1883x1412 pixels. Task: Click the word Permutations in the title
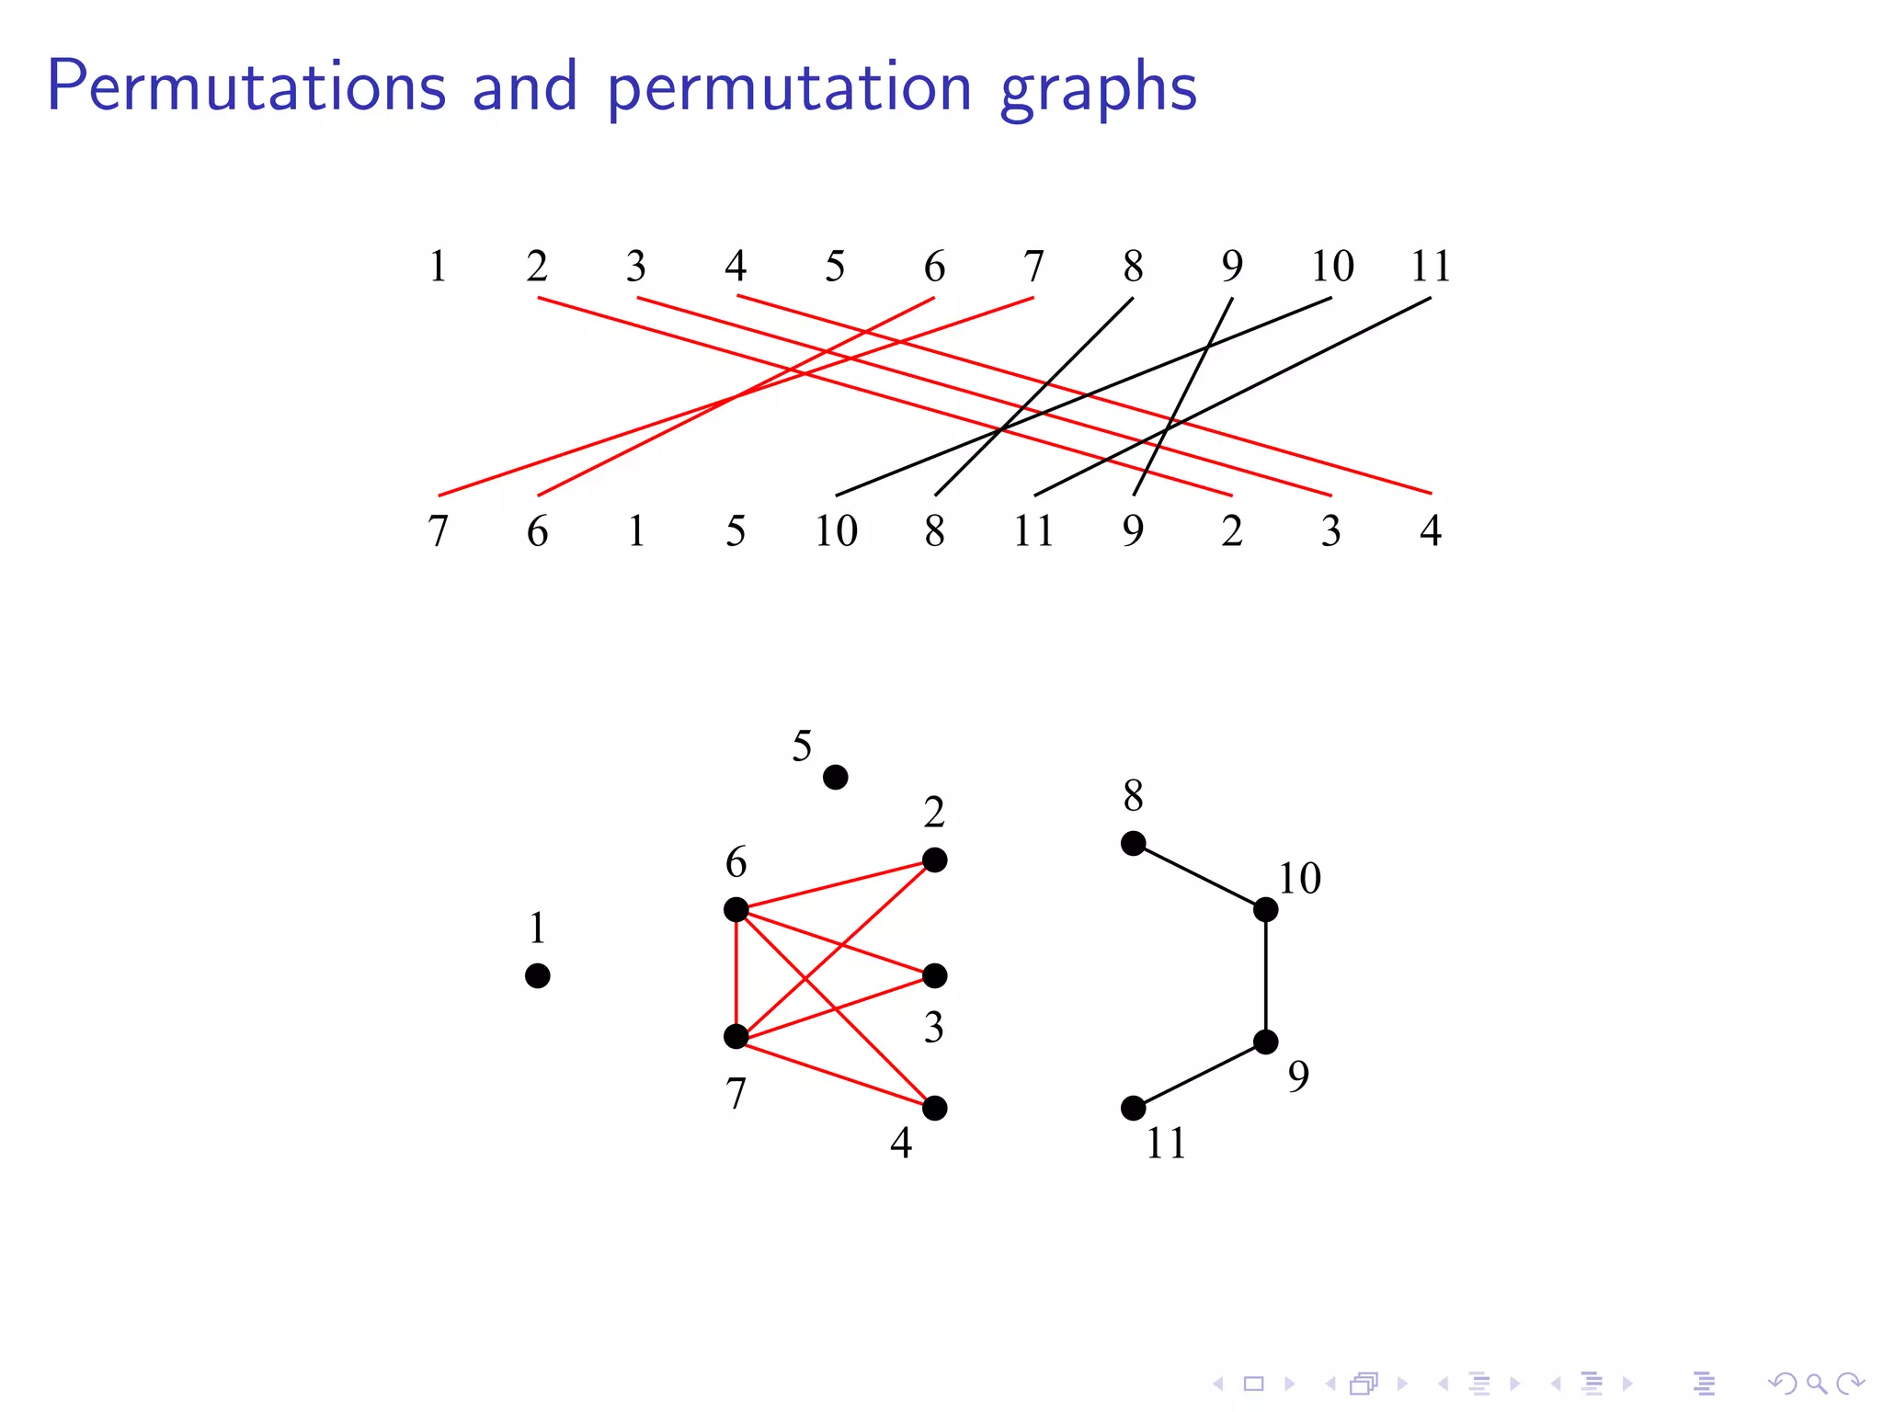click(246, 87)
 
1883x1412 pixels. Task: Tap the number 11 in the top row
click(1430, 267)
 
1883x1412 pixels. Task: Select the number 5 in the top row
click(835, 267)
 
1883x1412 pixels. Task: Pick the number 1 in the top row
click(439, 267)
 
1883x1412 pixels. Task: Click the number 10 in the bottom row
click(836, 531)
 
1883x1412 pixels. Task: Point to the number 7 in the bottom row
click(439, 531)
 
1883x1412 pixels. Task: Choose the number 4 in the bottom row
click(1430, 531)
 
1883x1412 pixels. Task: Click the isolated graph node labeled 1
click(538, 975)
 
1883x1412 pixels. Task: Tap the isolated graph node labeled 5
click(835, 778)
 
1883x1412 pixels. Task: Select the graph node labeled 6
click(736, 910)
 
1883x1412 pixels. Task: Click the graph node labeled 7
click(736, 1037)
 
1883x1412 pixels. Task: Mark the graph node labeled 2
click(934, 860)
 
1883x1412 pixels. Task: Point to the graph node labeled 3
click(934, 975)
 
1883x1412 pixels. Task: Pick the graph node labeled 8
click(1133, 843)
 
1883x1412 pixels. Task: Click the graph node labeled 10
click(1265, 910)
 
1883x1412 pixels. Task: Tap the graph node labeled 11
click(1133, 1109)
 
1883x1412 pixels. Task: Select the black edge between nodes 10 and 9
click(1265, 975)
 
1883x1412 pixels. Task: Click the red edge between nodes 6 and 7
click(736, 974)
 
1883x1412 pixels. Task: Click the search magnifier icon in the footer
click(1815, 1383)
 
